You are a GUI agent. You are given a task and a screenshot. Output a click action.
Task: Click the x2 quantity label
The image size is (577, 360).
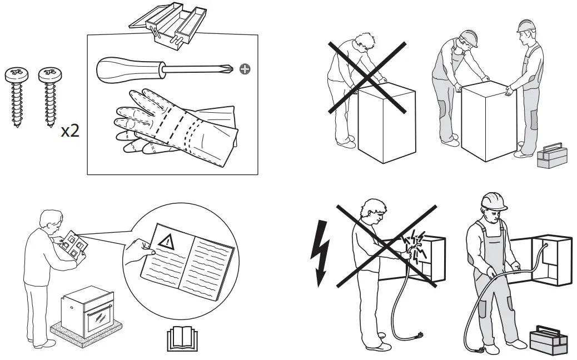[x=69, y=131]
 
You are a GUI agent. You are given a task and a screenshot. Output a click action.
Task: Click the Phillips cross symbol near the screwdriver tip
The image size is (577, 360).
[x=244, y=69]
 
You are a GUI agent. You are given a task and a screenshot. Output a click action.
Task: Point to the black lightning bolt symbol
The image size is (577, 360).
[x=321, y=253]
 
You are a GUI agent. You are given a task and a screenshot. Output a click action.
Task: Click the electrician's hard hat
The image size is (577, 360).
[x=493, y=201]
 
